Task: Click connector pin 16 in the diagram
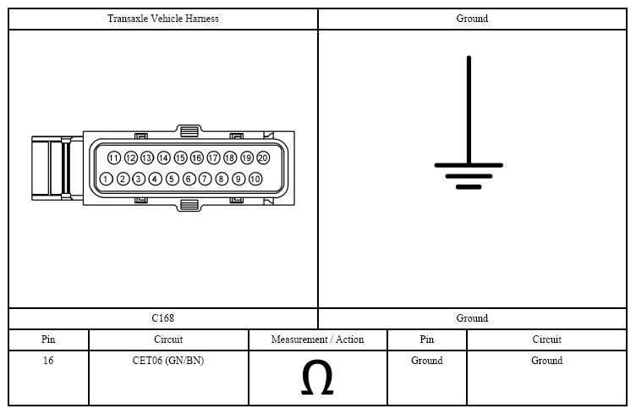[197, 157]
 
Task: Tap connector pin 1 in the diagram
[106, 179]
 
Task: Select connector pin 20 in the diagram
[263, 157]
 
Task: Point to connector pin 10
[255, 179]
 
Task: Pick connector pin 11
[114, 157]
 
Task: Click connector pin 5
[172, 179]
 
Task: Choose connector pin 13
[147, 157]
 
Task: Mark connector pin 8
[222, 179]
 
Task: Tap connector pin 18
[230, 157]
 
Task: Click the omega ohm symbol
[317, 378]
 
